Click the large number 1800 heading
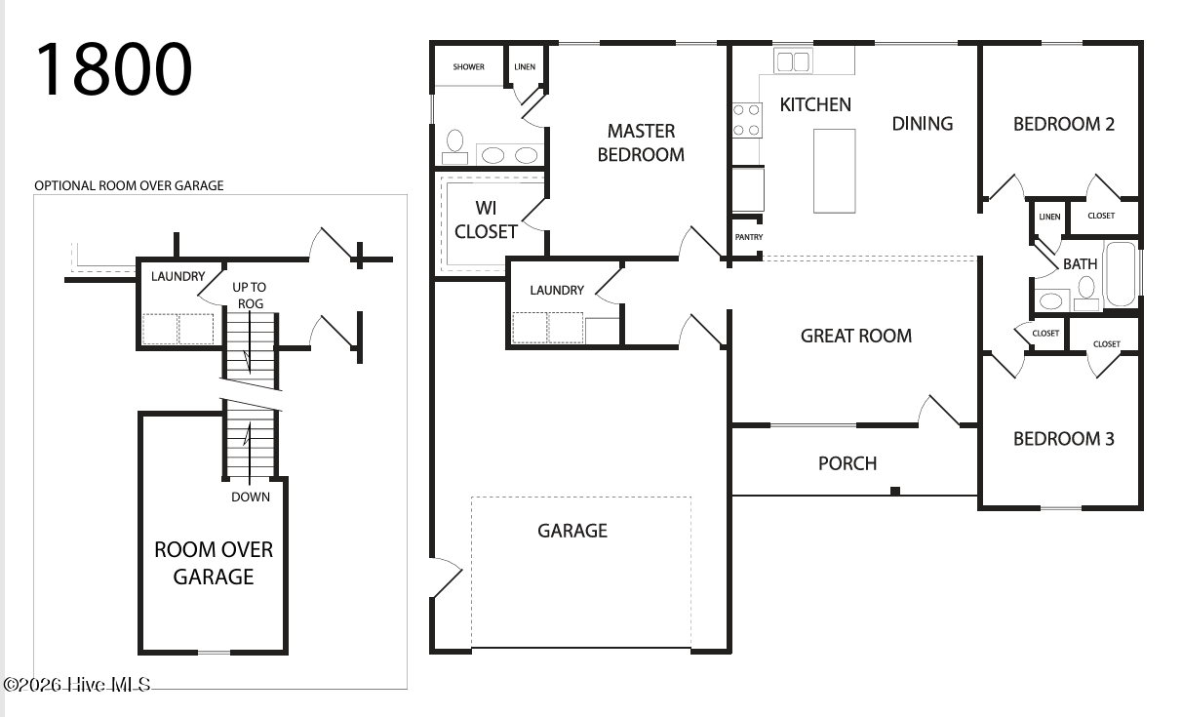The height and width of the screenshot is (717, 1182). tap(113, 69)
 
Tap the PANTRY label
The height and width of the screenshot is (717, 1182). tap(749, 237)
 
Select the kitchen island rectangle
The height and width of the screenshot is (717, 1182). tap(834, 171)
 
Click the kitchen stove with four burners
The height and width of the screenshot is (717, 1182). tap(747, 120)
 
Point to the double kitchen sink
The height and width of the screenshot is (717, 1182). tap(793, 61)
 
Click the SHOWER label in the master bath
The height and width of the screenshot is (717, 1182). tap(468, 67)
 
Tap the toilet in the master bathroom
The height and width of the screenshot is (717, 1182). tap(454, 147)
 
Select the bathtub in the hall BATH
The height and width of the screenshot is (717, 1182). tap(1120, 274)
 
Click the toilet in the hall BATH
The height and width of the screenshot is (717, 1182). tap(1086, 294)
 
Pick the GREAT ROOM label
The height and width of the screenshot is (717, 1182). tap(856, 336)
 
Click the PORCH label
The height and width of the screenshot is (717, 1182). tap(847, 463)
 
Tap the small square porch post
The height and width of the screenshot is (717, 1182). tap(895, 491)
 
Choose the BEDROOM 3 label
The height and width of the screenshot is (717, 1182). tap(1064, 439)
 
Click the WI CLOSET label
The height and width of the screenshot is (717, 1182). tap(486, 219)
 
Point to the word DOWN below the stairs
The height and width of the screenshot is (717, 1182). tap(251, 497)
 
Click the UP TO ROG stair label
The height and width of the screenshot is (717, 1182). tap(250, 296)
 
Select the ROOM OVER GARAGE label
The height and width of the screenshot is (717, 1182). tap(214, 564)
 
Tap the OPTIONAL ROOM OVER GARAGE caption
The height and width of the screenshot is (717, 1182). tap(129, 186)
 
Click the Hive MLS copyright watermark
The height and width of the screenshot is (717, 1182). tap(77, 685)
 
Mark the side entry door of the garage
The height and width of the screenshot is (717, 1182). tap(447, 578)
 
